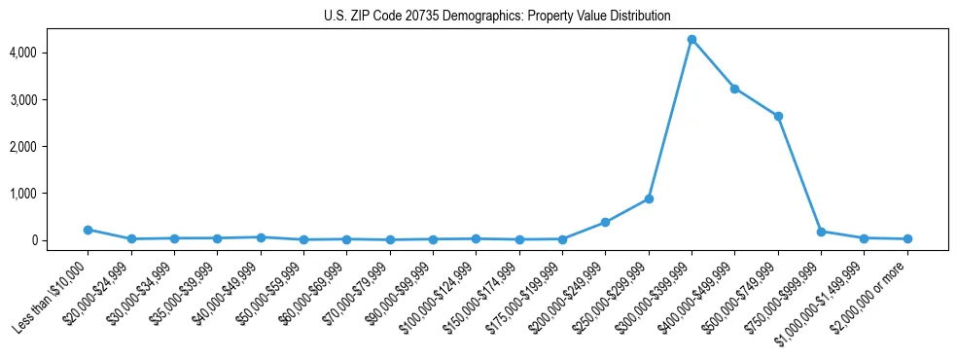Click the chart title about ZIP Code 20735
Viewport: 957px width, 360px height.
497,16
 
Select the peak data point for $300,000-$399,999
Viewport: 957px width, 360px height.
691,40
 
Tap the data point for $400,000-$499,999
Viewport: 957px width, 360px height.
734,89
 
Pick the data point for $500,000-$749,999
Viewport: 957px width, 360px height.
778,117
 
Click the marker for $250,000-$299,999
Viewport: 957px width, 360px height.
649,199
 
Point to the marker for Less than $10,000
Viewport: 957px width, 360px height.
88,230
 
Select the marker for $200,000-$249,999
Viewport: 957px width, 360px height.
605,223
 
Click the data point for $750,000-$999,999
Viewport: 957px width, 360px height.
821,232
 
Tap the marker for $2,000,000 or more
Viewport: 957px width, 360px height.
907,238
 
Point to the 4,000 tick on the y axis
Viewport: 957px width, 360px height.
49,53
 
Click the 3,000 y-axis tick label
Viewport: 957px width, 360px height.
49,99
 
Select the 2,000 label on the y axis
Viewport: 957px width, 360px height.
49,146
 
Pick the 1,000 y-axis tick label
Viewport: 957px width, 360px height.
49,194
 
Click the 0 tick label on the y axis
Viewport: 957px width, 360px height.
59,240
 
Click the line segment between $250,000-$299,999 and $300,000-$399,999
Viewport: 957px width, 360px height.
670,120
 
